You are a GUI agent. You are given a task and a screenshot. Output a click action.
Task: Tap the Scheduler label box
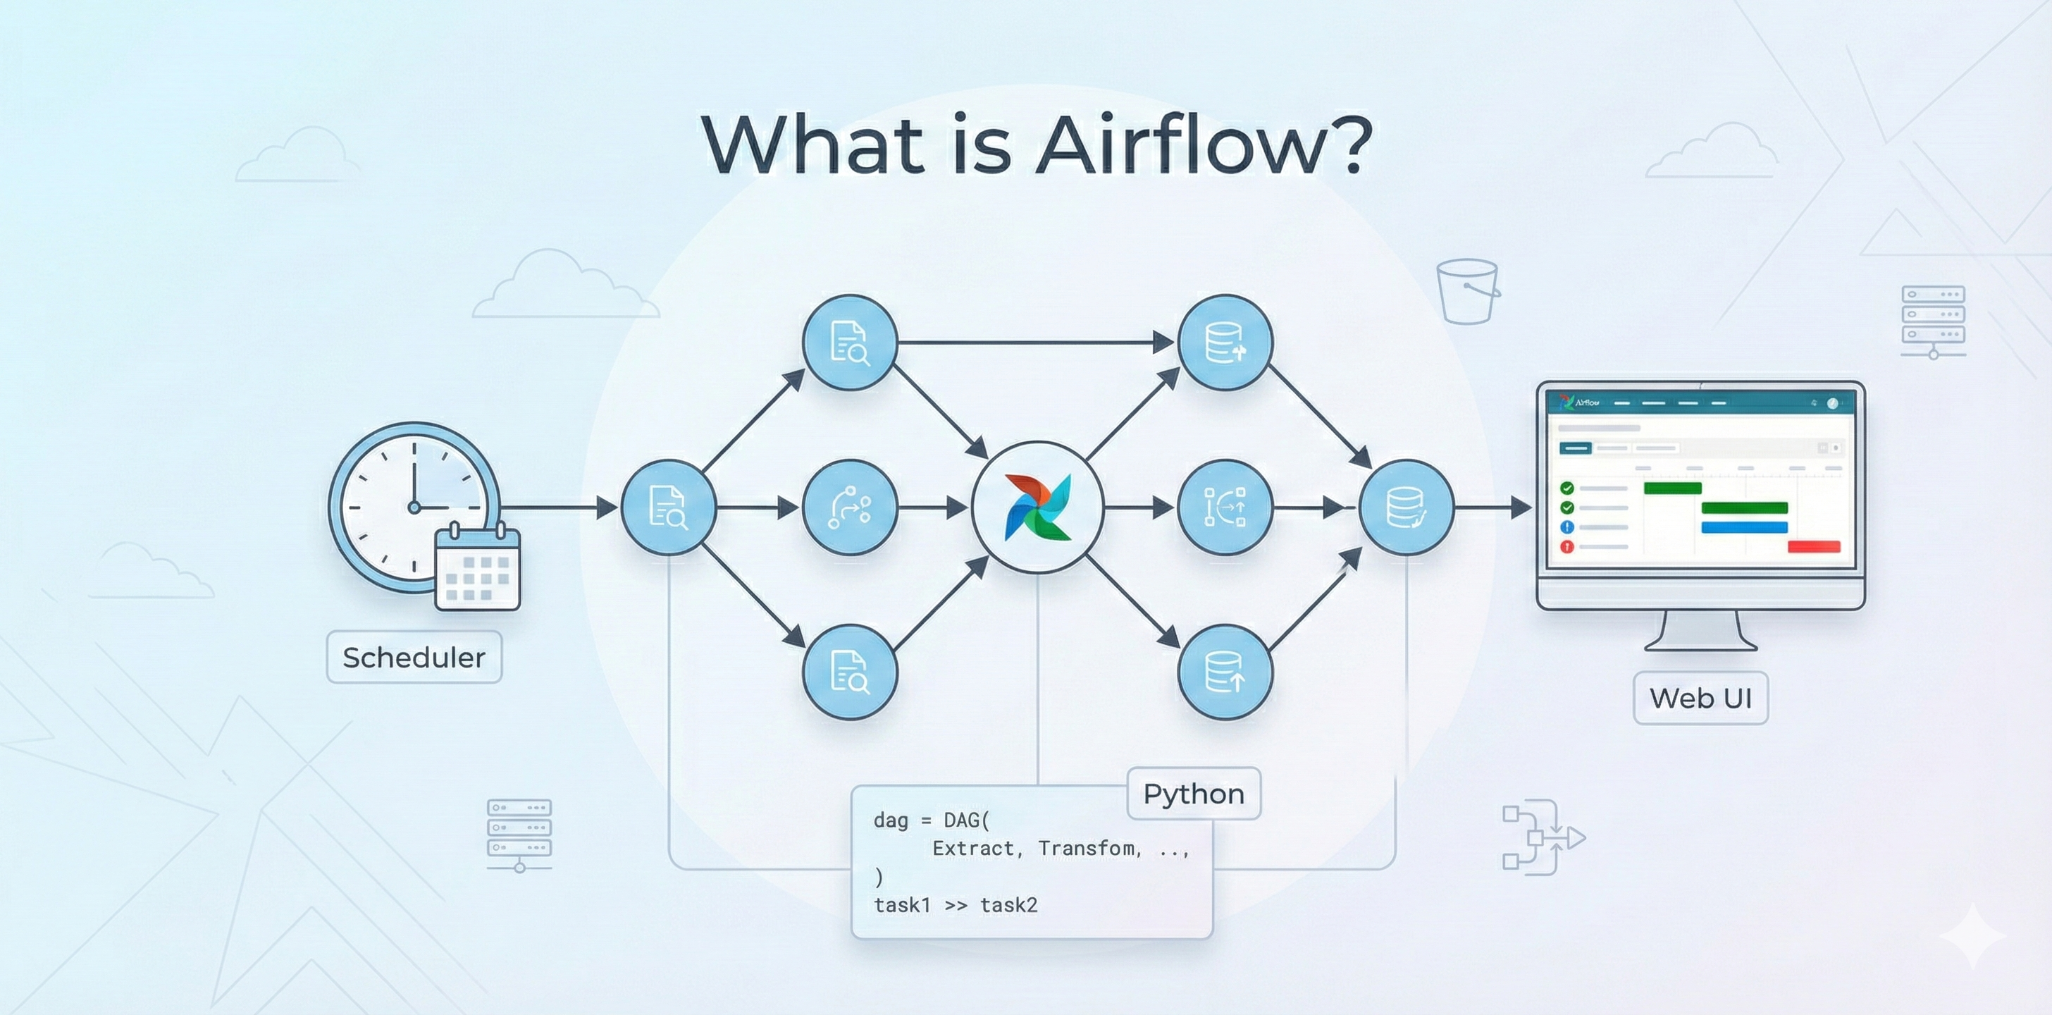point(414,657)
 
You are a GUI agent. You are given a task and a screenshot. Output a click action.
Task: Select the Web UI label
point(1700,698)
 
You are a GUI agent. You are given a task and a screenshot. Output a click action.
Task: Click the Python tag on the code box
point(1193,794)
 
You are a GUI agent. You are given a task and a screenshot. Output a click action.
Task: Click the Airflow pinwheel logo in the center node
point(1038,508)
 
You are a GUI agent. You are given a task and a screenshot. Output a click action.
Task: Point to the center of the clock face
point(414,507)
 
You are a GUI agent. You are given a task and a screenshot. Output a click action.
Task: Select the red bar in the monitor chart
point(1814,546)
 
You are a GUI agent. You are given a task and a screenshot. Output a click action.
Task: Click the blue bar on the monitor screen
point(1744,527)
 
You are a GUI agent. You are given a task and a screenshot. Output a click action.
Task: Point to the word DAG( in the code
point(965,820)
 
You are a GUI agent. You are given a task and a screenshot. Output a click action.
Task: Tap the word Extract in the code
point(972,849)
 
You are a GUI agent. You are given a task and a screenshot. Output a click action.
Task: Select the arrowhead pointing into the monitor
point(1520,507)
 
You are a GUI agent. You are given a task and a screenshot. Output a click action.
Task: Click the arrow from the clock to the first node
point(557,507)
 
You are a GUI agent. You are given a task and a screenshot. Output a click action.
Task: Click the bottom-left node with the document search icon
point(850,672)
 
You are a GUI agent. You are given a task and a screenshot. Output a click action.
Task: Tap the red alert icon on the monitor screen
point(1567,546)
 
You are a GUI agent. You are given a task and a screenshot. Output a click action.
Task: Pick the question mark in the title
point(1352,145)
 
